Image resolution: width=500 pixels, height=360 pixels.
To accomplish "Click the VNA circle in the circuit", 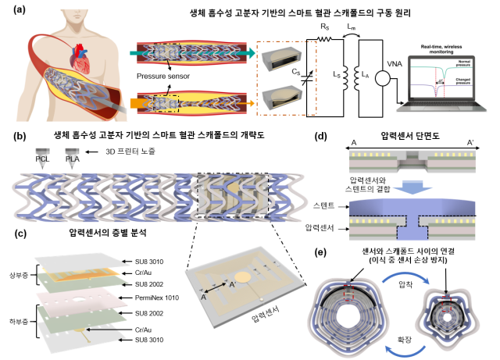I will [382, 78].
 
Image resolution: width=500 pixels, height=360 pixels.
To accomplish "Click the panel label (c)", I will [20, 232].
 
